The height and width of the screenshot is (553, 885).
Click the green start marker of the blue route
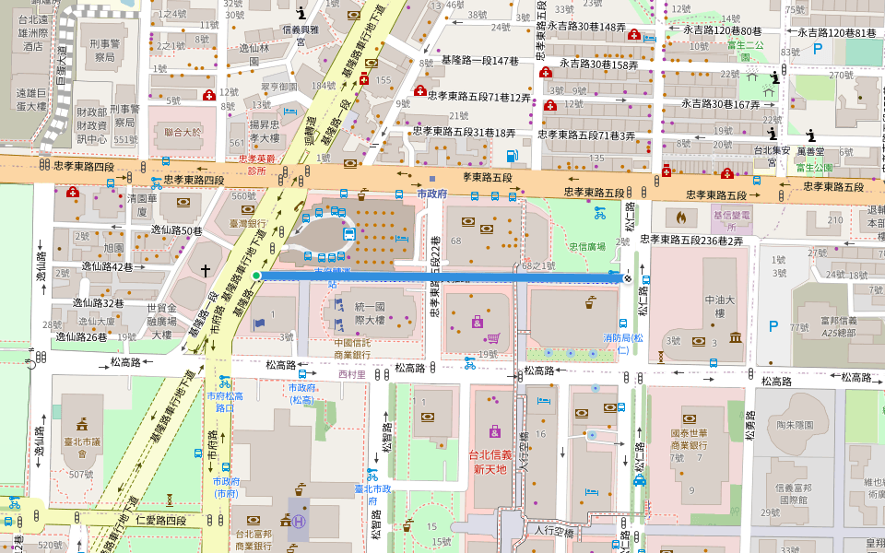256,276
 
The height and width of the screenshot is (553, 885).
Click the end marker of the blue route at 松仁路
628,276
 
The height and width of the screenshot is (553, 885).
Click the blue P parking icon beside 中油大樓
773,324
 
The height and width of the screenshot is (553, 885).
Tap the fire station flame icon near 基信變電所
681,218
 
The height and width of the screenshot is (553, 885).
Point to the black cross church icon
206,269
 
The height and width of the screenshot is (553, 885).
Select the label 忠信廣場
586,247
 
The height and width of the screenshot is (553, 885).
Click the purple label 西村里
352,374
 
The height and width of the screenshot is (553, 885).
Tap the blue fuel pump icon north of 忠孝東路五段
512,154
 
